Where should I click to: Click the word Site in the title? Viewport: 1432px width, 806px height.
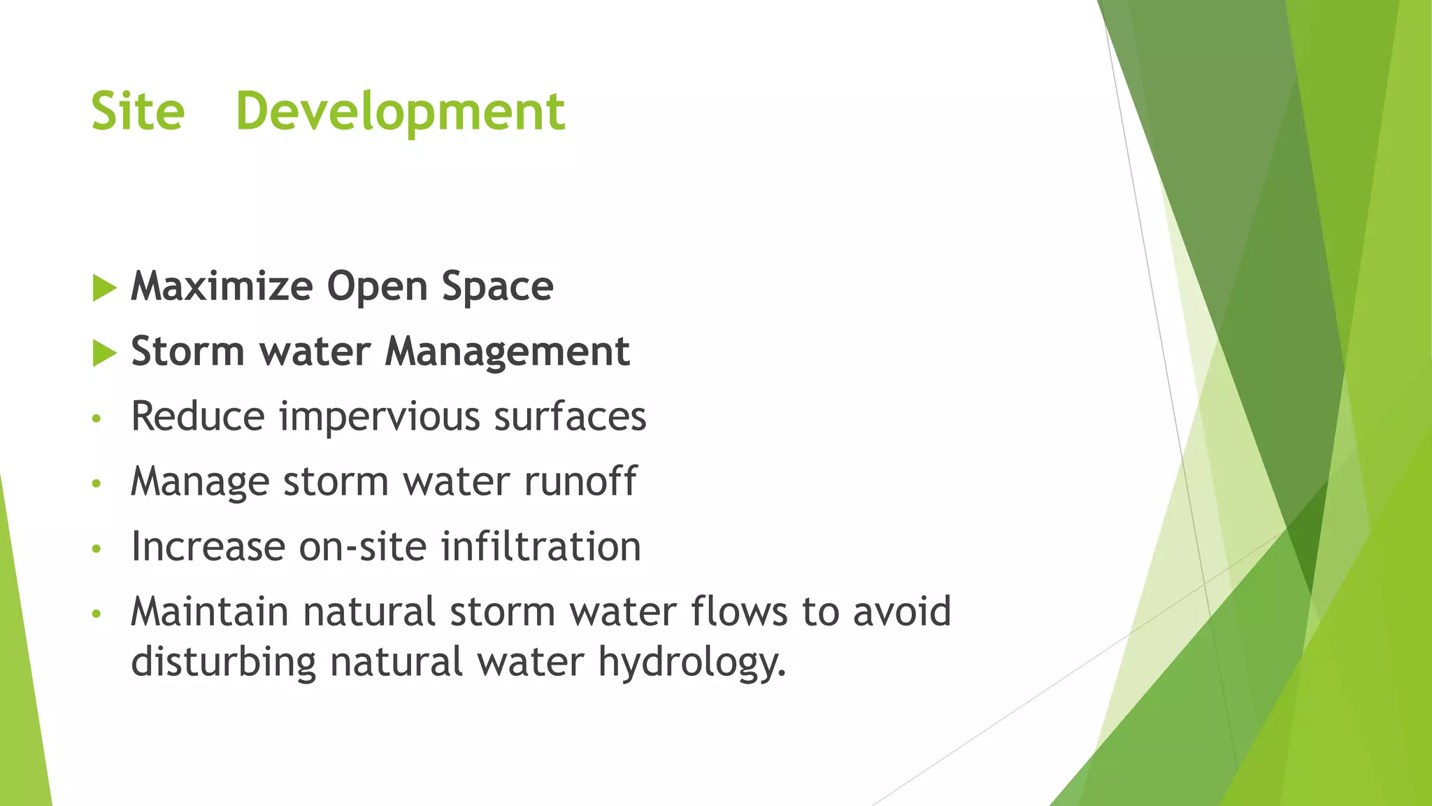pos(138,112)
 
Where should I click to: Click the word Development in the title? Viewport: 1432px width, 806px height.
pos(400,112)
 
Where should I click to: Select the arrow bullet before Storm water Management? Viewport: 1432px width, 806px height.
pos(104,353)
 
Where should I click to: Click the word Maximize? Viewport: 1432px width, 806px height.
pos(222,287)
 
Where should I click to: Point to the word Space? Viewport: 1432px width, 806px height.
pos(497,287)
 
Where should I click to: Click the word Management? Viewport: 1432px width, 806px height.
pos(507,352)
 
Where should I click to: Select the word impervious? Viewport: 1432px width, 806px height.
pos(380,417)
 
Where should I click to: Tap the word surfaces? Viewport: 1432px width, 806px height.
pos(570,417)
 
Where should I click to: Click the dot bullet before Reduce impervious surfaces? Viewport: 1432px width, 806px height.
pos(96,419)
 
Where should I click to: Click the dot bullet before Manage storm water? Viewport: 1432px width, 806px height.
pos(96,483)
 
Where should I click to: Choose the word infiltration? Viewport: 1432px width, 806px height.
pos(540,546)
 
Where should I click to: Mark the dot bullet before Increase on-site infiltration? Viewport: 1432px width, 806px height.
pos(96,549)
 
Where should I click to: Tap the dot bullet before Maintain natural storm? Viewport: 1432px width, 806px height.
pos(96,614)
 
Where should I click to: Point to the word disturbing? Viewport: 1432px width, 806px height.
pos(223,662)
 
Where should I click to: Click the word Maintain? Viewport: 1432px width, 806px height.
pos(210,611)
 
